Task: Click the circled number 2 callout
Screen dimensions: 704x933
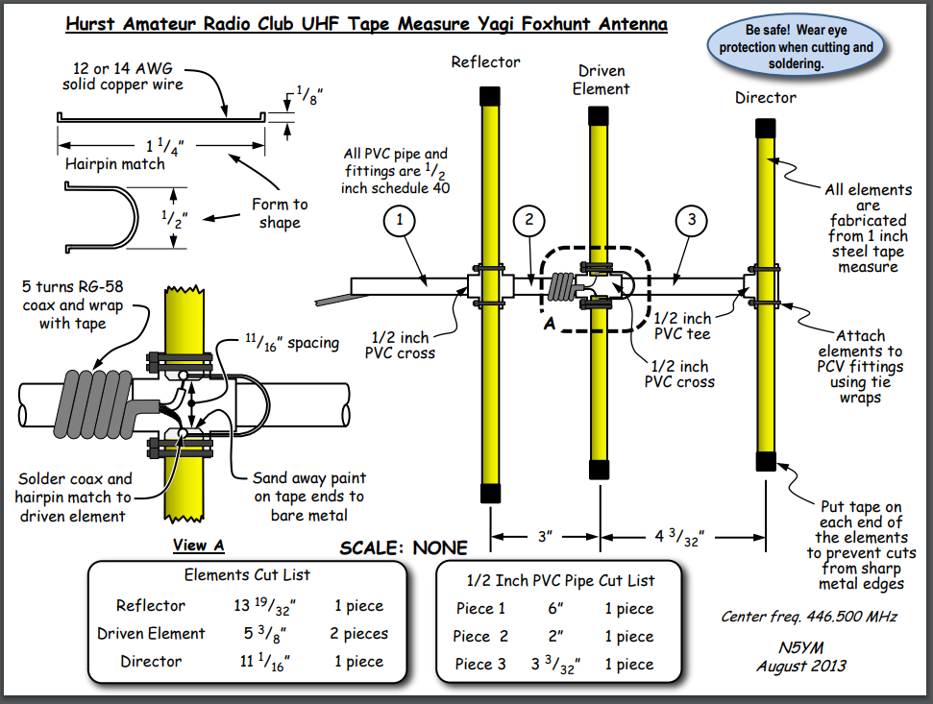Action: tap(528, 220)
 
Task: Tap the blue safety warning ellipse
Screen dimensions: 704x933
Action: tap(797, 47)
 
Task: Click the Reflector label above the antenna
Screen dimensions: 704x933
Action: tap(486, 62)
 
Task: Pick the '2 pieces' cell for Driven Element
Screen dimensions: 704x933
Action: tap(359, 634)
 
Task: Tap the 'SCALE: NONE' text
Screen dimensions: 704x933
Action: tap(404, 548)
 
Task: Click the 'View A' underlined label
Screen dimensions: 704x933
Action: tap(199, 546)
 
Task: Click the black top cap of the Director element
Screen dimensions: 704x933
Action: tap(766, 128)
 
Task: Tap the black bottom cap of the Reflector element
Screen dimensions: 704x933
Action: tap(490, 492)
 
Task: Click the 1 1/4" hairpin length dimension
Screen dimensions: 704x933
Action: tap(164, 146)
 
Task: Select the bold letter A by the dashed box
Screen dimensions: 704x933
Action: tap(551, 324)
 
